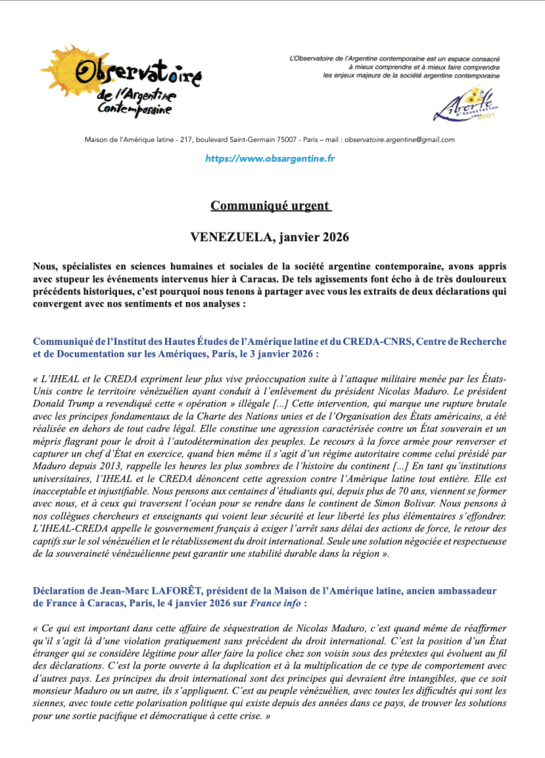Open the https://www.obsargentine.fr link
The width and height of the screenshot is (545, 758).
coord(270,158)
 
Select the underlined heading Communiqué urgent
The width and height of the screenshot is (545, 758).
coord(270,205)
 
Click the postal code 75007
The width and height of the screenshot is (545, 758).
coord(279,139)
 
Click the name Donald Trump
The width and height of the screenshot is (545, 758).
coord(63,403)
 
